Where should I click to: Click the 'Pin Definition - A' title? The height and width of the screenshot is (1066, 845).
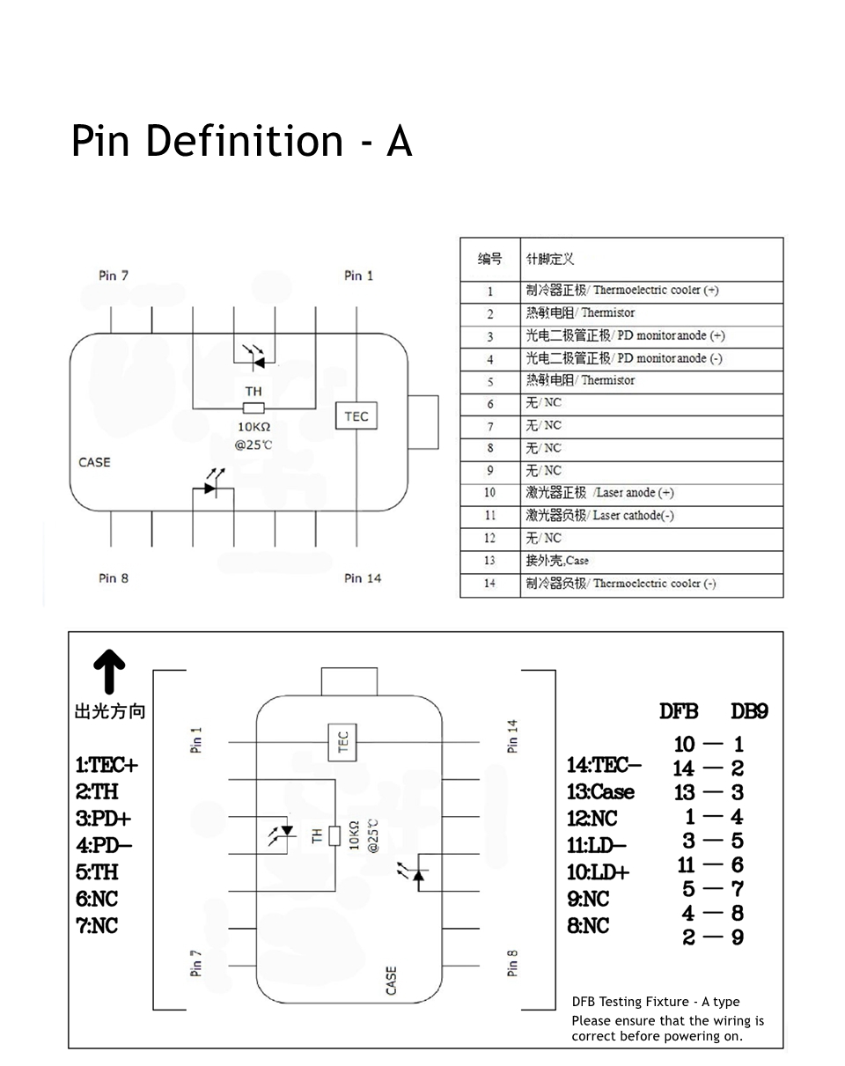[241, 141]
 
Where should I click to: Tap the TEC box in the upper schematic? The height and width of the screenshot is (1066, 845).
[356, 416]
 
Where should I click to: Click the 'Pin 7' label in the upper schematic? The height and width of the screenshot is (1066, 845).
[114, 276]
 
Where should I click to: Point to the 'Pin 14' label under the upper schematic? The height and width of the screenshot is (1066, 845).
[363, 578]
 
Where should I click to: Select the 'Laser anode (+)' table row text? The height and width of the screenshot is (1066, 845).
[633, 493]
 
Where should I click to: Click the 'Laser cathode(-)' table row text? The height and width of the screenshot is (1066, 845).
[633, 516]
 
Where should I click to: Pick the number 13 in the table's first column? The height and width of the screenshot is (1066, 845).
[489, 561]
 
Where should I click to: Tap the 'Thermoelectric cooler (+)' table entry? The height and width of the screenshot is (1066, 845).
[655, 290]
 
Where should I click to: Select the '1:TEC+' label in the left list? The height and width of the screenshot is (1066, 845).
[107, 765]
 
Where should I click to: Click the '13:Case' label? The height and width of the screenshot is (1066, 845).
[600, 792]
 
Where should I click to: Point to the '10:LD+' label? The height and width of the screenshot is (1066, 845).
[599, 872]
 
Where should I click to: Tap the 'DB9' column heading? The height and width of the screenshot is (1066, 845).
[749, 711]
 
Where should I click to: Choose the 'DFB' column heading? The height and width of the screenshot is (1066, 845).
[679, 711]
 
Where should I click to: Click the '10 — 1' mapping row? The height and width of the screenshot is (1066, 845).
[709, 745]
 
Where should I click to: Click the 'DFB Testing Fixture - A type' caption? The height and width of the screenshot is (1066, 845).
[656, 1002]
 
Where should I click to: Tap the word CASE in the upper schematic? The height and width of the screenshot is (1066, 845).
[94, 462]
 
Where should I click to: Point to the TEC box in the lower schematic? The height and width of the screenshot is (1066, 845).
[342, 742]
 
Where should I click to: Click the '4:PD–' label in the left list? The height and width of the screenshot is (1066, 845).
[104, 846]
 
